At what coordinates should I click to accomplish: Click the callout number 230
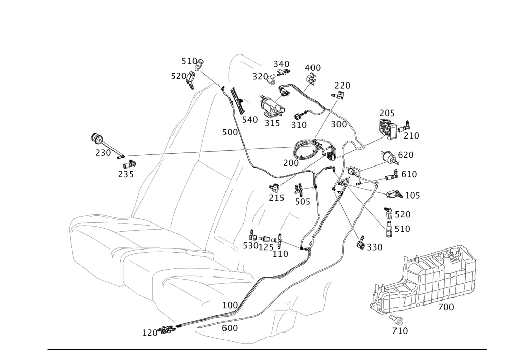click(x=102, y=153)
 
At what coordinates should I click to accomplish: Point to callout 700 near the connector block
click(x=446, y=307)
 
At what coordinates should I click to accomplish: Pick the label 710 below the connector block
click(x=401, y=331)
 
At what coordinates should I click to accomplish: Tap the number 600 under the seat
click(x=230, y=328)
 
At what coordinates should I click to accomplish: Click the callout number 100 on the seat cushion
click(x=230, y=304)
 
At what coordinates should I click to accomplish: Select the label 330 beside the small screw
click(x=374, y=247)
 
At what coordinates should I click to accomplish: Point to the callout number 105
click(x=412, y=195)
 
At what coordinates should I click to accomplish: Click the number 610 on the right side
click(x=408, y=175)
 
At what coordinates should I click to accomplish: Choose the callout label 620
click(x=406, y=154)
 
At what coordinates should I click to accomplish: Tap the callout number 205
click(x=387, y=113)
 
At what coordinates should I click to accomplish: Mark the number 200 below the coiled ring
click(x=291, y=163)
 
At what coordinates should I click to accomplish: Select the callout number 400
click(x=313, y=68)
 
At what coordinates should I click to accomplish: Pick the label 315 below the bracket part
click(x=272, y=124)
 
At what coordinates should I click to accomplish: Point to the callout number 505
click(x=302, y=201)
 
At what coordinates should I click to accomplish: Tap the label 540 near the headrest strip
click(x=250, y=119)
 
